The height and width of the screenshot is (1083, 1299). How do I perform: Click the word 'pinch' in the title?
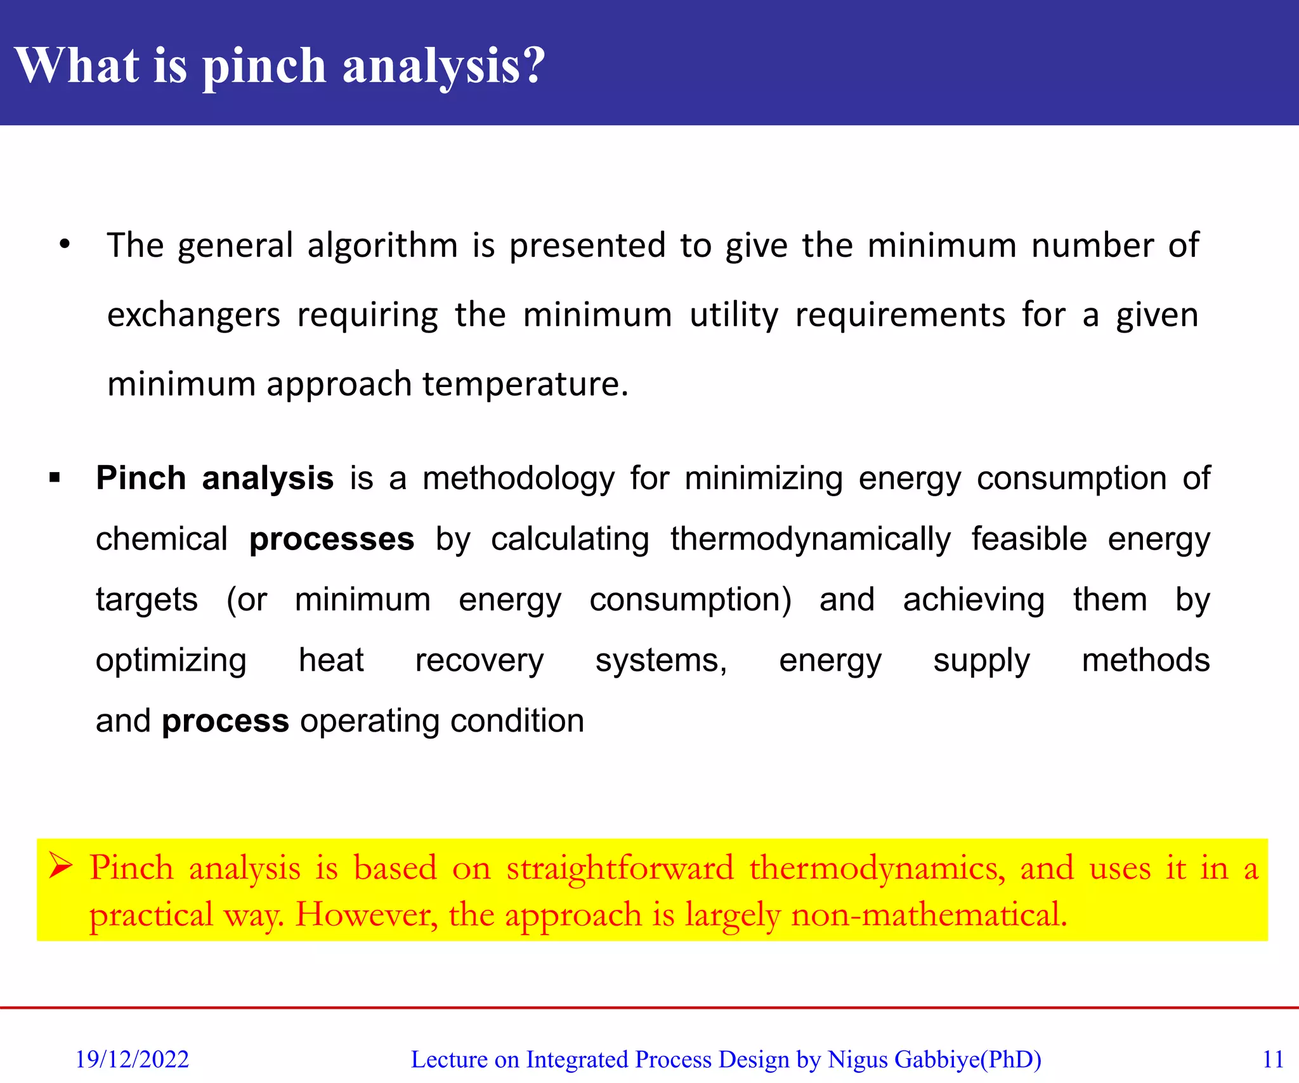click(x=264, y=67)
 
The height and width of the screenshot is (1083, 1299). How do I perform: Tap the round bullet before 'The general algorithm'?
click(x=64, y=244)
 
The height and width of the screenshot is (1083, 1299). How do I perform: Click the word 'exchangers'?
click(x=193, y=315)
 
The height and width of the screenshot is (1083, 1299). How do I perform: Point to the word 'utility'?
click(x=734, y=315)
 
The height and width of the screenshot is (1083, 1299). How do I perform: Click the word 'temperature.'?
click(x=525, y=384)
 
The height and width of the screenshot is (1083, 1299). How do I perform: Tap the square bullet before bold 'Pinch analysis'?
click(x=55, y=477)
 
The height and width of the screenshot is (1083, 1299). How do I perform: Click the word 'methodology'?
click(x=518, y=479)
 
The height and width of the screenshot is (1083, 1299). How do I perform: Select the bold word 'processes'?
click(x=332, y=540)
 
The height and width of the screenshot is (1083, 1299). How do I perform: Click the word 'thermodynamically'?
click(x=811, y=540)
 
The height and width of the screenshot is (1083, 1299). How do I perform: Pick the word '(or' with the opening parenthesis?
click(x=247, y=600)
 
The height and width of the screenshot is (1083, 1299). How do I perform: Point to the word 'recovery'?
click(x=480, y=661)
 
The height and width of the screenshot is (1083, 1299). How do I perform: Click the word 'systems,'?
click(x=661, y=661)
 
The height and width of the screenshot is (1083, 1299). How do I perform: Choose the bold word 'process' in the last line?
click(x=225, y=722)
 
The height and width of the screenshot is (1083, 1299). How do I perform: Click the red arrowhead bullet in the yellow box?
click(x=62, y=867)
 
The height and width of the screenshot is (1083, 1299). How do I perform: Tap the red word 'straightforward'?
click(x=620, y=868)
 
